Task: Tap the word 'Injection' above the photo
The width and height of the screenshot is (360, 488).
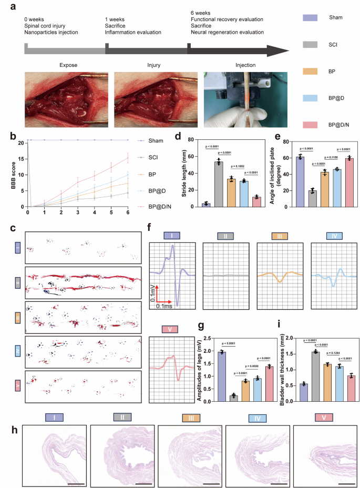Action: [x=245, y=65]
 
